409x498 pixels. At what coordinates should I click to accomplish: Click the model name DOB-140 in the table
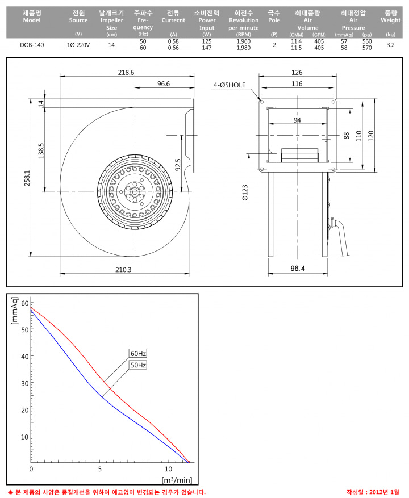tap(32, 45)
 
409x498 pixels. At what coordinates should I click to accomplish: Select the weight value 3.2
tap(391, 45)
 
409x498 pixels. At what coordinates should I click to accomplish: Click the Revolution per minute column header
tap(244, 24)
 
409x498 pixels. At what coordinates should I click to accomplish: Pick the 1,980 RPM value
tap(244, 48)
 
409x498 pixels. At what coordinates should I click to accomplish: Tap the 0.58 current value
tap(173, 41)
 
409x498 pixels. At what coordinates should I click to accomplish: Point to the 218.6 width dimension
tap(126, 73)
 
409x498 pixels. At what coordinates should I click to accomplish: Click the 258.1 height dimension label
tap(27, 178)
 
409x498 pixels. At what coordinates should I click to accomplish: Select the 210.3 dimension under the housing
tap(123, 270)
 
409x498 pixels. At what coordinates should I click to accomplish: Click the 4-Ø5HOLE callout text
tap(229, 85)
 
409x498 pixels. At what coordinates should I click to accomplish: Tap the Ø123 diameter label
tap(245, 193)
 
